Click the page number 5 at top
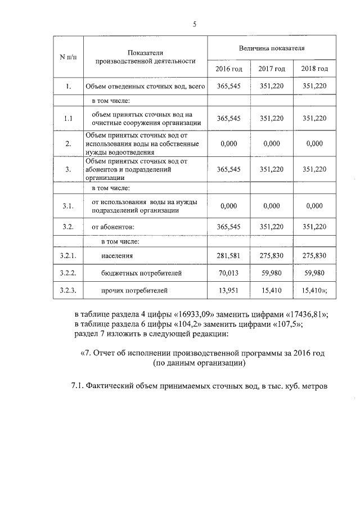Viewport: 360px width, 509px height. click(195, 24)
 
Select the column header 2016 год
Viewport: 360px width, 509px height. click(228, 69)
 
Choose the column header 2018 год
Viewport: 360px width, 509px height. click(314, 69)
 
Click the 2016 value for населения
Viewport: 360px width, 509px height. click(228, 256)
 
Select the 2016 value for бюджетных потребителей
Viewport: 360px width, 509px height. click(228, 273)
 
